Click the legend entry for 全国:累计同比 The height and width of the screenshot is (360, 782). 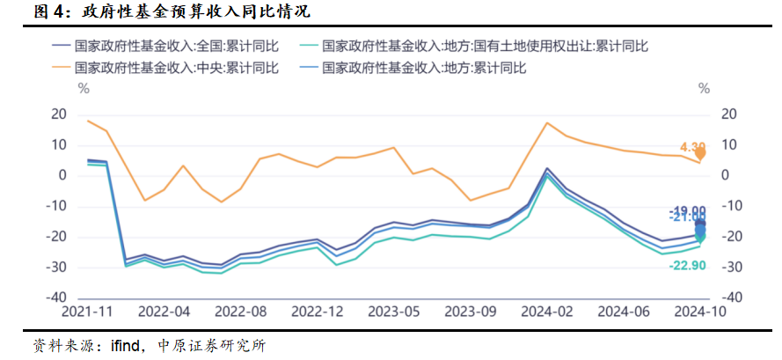[x=167, y=45]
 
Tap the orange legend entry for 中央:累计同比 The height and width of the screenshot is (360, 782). [x=167, y=68]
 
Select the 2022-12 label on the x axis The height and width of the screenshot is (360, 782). [x=317, y=312]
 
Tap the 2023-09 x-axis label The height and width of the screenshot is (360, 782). [x=469, y=312]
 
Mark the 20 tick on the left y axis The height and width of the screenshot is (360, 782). [x=59, y=114]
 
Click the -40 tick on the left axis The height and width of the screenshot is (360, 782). [x=56, y=298]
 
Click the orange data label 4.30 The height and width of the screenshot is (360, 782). [x=692, y=147]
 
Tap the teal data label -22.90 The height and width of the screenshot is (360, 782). [x=690, y=265]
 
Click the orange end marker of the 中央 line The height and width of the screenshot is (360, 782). [x=700, y=153]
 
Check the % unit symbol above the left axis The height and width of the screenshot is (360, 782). [x=84, y=88]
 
